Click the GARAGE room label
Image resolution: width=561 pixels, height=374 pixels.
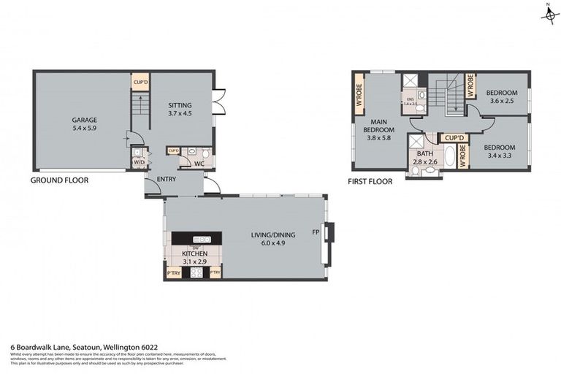point(84,120)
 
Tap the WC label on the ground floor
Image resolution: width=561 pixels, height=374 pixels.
point(199,164)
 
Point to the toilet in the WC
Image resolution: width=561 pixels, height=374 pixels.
point(205,153)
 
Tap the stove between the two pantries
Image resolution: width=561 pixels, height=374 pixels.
point(196,272)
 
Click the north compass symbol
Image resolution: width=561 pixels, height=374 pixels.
point(546,14)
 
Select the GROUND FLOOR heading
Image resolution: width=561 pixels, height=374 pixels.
point(59,180)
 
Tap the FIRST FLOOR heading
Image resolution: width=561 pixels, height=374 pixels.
point(370,181)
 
